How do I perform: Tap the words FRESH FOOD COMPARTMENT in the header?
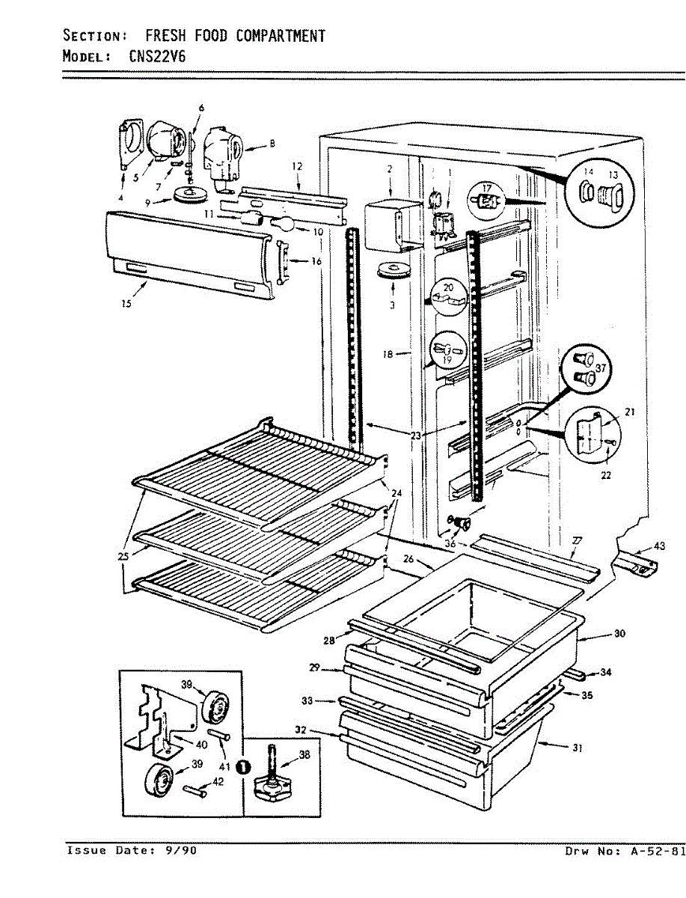(235, 36)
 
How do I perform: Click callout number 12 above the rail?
(297, 165)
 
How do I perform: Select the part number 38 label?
(304, 755)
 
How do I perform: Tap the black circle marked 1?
(243, 766)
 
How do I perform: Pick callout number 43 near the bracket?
(658, 546)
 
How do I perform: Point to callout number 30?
(619, 634)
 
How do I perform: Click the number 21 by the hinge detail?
(629, 412)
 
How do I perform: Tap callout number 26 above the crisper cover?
(408, 559)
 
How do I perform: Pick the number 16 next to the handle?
(316, 261)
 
